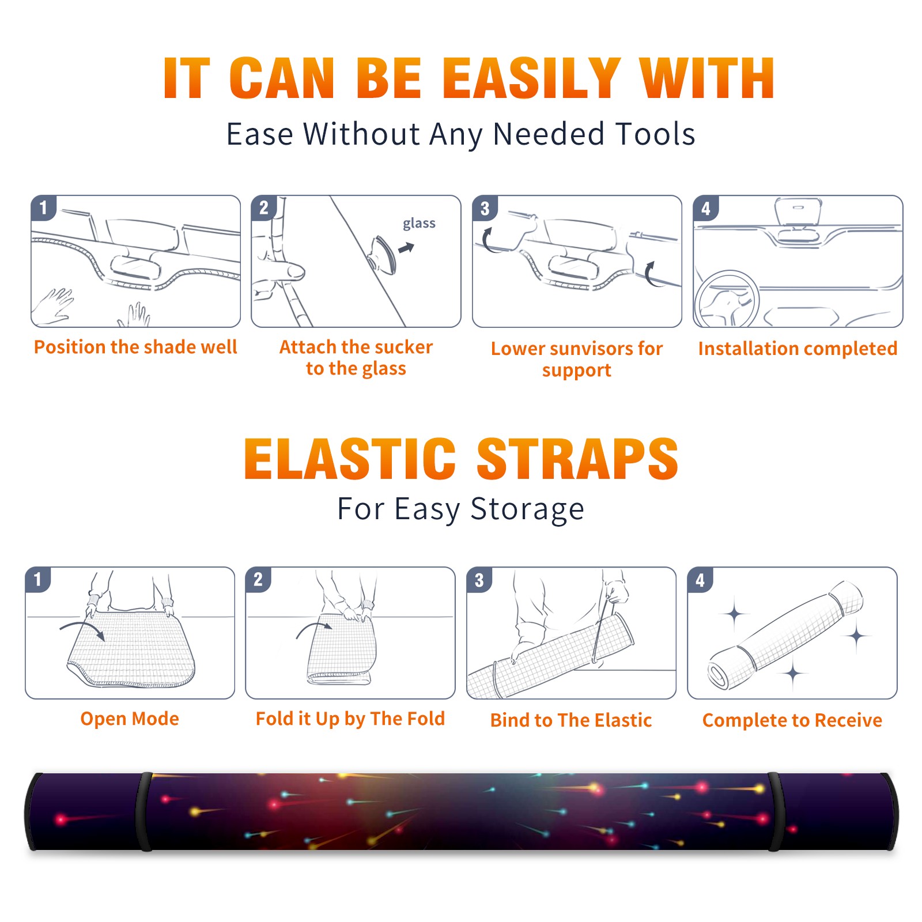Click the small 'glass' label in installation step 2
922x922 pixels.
[419, 224]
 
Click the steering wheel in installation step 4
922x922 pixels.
[726, 300]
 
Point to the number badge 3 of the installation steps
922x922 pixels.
[485, 208]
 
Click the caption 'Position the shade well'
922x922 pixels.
[135, 347]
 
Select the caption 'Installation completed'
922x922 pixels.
[798, 349]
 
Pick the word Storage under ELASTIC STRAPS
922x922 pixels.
[527, 509]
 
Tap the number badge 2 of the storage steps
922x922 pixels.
[258, 580]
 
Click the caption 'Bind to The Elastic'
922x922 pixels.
[571, 720]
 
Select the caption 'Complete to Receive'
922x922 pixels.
[792, 720]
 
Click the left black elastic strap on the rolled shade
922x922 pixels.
[143, 811]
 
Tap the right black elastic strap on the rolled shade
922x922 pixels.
[776, 811]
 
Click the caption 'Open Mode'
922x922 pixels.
[130, 719]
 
